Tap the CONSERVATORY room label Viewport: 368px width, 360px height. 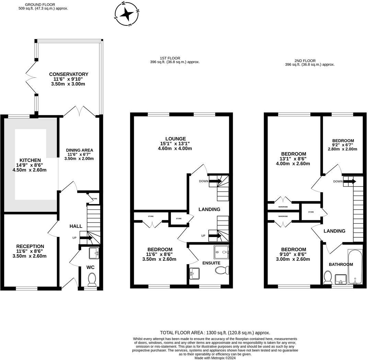point(69,74)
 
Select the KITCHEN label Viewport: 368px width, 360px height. point(30,160)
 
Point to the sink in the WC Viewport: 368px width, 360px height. point(94,253)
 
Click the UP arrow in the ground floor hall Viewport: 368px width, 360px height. point(86,238)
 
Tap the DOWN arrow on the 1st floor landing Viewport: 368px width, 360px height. point(215,181)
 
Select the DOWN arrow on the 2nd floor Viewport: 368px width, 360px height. point(350,181)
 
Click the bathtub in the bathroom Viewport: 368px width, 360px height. point(355,267)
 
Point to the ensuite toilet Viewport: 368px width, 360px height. point(222,270)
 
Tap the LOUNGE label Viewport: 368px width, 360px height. point(175,139)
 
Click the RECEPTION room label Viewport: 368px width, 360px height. point(30,246)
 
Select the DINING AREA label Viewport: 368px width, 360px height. point(80,150)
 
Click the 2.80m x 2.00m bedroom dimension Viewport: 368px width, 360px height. point(342,149)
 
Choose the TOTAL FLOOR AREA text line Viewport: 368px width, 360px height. point(215,333)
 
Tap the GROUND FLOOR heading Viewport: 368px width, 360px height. point(40,4)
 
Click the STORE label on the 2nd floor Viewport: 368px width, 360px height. point(311,212)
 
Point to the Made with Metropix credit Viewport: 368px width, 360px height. point(215,358)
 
